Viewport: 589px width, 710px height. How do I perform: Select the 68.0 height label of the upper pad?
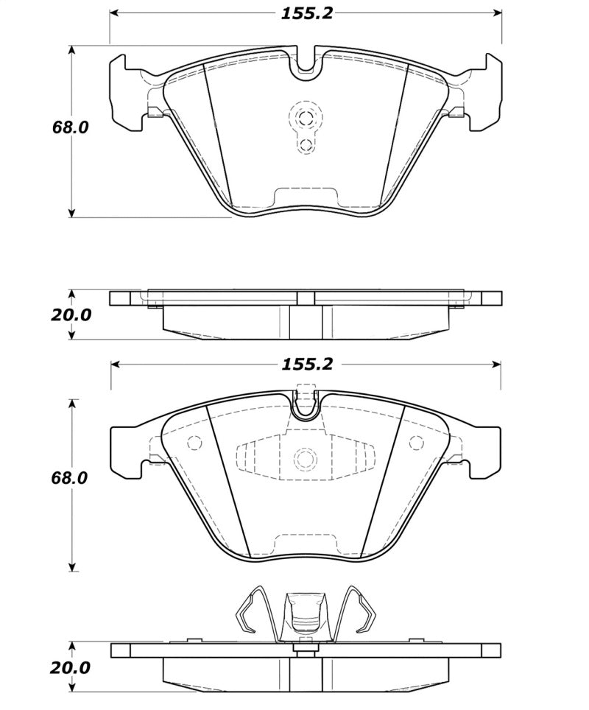tap(70, 127)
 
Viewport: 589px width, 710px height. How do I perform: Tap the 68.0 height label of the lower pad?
tap(70, 477)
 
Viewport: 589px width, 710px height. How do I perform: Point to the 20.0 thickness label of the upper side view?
tap(71, 314)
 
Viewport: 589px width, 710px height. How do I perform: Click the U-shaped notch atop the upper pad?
tap(306, 65)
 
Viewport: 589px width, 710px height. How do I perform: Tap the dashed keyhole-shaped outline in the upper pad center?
tap(305, 127)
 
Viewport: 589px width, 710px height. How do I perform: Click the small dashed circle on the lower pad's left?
tap(195, 443)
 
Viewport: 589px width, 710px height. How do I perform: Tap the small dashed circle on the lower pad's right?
tap(417, 443)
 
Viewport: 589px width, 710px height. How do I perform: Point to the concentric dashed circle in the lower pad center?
tap(305, 458)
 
